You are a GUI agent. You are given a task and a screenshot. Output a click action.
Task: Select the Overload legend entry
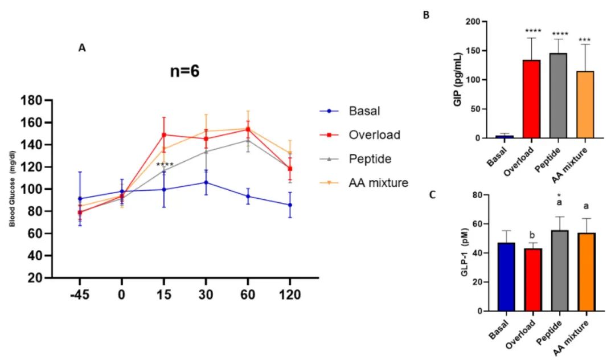point(375,135)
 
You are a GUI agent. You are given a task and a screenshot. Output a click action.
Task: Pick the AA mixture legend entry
point(378,182)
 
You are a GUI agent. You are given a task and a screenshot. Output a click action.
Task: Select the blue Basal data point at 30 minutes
point(206,183)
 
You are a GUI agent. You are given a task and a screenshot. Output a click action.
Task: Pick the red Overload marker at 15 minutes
point(164,135)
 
